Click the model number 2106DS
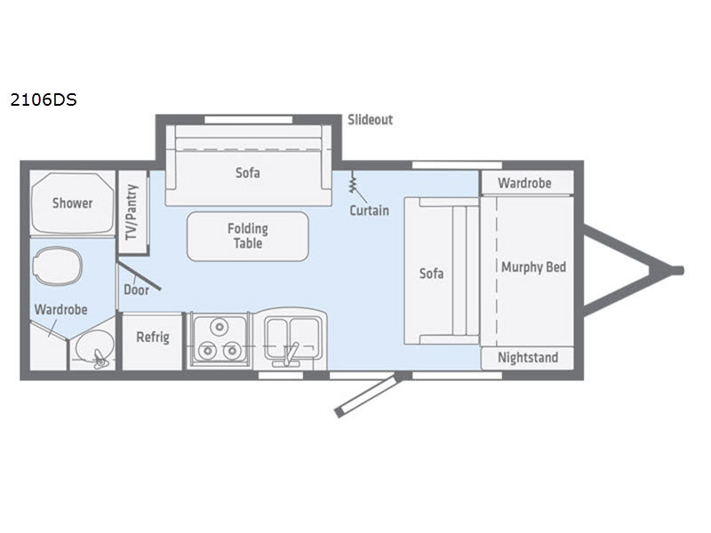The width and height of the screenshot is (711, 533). [x=44, y=99]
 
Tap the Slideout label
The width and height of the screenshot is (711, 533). [x=370, y=120]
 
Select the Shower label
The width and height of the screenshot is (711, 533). [x=73, y=203]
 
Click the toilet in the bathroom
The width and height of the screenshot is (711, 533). [x=57, y=266]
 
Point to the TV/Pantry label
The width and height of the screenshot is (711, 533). [x=132, y=212]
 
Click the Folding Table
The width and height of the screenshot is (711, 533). [x=248, y=236]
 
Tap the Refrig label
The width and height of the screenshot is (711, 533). [x=153, y=338]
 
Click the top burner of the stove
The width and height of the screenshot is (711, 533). [x=220, y=326]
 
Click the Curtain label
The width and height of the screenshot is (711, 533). [x=369, y=211]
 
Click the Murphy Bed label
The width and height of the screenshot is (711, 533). [x=534, y=267]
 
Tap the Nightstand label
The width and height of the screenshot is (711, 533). [x=528, y=358]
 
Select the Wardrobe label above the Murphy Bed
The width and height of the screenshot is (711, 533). [x=524, y=183]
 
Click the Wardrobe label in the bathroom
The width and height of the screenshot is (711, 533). [x=60, y=309]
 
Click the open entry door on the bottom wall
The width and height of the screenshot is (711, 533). [x=367, y=395]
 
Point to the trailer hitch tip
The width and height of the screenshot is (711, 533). [x=679, y=271]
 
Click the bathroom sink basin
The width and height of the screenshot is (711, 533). [x=94, y=346]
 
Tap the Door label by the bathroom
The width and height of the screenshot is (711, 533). [x=136, y=290]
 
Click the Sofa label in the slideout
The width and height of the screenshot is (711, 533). [x=248, y=172]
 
